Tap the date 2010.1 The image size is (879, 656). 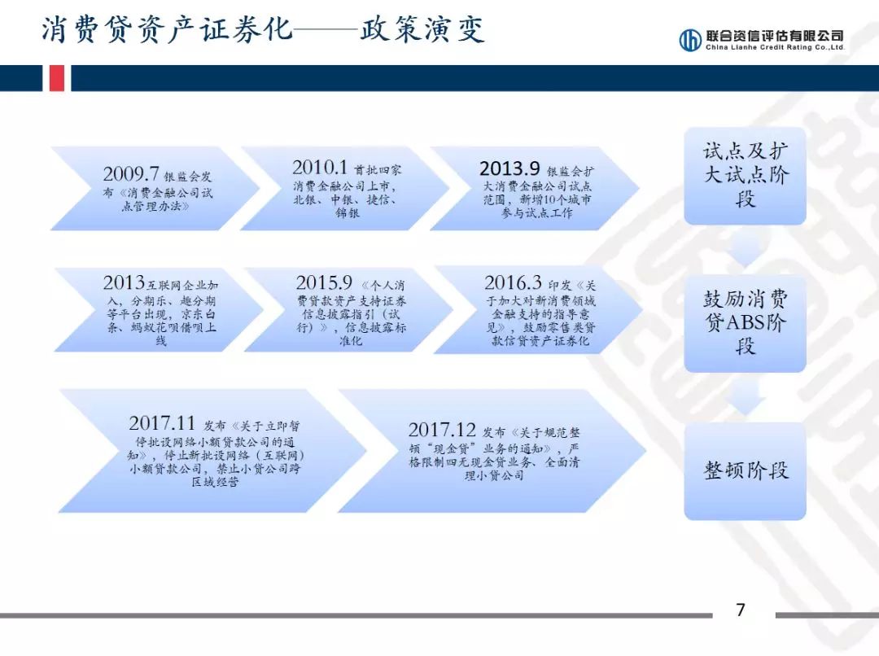[321, 168]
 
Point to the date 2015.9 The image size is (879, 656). [324, 283]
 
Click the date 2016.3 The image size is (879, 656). [513, 283]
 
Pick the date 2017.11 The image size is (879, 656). [162, 423]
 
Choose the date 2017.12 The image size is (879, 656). [441, 430]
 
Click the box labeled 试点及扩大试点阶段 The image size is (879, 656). [745, 175]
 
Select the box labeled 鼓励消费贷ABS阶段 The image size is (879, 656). [745, 322]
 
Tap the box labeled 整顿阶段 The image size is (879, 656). [745, 470]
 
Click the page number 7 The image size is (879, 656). [740, 610]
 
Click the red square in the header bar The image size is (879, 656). [56, 78]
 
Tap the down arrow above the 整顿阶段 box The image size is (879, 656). [745, 399]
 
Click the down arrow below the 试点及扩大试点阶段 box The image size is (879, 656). [745, 250]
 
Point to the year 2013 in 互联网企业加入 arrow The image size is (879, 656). [124, 283]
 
